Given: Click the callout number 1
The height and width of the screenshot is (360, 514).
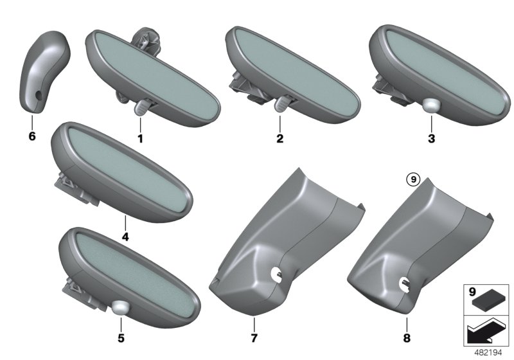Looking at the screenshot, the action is point(140,139).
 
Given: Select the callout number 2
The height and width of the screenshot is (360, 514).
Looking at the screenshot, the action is point(279,138).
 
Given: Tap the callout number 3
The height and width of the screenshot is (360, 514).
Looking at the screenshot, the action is point(431,138).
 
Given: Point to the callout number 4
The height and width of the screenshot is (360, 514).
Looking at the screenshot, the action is point(125,237).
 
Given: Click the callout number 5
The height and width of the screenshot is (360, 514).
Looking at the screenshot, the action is point(121,338).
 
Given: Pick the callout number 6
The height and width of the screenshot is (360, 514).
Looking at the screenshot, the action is point(31,136).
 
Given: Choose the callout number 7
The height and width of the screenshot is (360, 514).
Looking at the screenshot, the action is point(254,338).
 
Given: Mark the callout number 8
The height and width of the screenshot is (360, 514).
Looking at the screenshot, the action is point(407,338).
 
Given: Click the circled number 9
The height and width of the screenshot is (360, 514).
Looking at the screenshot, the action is point(413,179).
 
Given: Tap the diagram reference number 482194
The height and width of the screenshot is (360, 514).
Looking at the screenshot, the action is point(488,353).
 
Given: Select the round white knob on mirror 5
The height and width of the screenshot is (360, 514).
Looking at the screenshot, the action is point(120,308).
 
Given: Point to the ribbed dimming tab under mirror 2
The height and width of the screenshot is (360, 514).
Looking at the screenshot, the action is point(281,105).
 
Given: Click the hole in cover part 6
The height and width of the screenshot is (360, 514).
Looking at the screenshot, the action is point(39,95).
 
